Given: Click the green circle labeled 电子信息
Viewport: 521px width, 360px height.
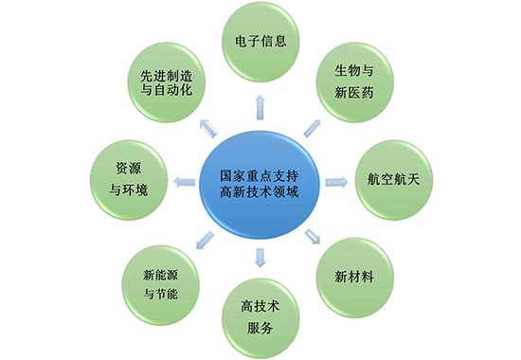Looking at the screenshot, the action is click(260, 44).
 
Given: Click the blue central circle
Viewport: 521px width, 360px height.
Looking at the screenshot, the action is click(260, 180).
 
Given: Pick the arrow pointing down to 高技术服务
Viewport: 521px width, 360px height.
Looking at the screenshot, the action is click(260, 257).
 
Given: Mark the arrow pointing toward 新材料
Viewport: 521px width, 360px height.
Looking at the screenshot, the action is click(313, 237).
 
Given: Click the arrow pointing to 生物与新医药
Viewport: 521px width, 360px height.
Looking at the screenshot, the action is click(313, 124).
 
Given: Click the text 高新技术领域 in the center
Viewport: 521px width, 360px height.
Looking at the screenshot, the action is click(260, 191).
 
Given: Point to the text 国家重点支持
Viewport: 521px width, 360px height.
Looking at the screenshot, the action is click(260, 173).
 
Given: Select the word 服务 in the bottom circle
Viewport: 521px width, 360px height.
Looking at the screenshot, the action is click(260, 329).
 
